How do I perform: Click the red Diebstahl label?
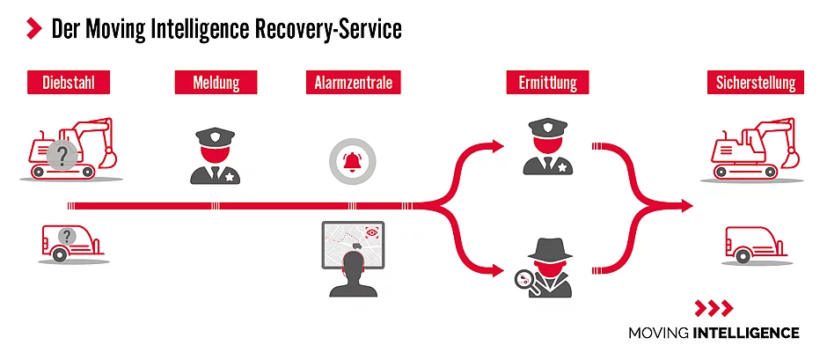[x=68, y=84]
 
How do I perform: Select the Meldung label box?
[x=216, y=84]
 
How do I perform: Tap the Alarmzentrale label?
[x=353, y=84]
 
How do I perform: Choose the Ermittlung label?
[x=541, y=84]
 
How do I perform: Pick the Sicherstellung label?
[x=756, y=84]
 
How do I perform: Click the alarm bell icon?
[x=352, y=160]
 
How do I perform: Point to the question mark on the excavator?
[x=62, y=157]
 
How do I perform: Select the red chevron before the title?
[x=34, y=29]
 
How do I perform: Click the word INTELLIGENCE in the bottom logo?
[x=746, y=333]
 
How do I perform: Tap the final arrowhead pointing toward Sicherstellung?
[x=684, y=206]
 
